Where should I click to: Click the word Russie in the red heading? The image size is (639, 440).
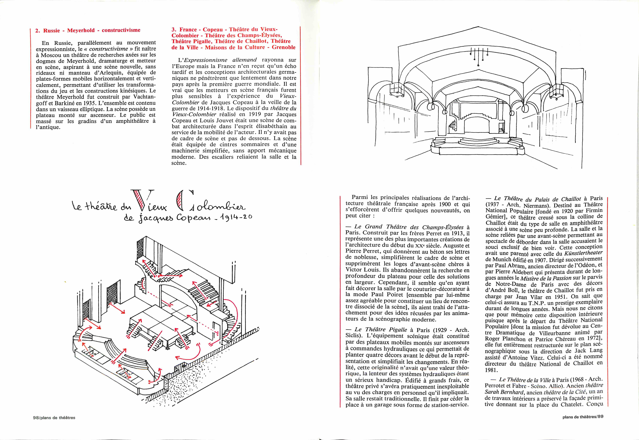click(x=51, y=30)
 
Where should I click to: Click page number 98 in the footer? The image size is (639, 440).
click(x=36, y=418)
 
